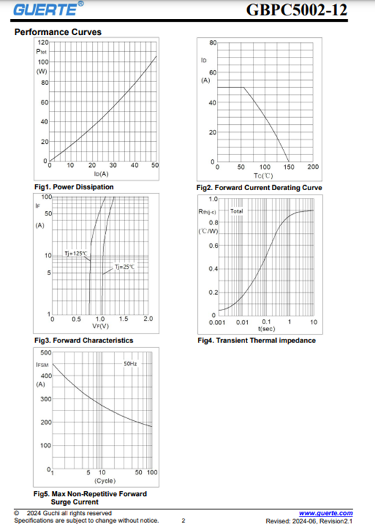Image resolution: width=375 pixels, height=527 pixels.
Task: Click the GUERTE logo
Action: coord(48,8)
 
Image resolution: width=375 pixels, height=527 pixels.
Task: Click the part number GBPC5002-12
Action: coord(296,10)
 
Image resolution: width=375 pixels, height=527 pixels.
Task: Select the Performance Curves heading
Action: coord(58,32)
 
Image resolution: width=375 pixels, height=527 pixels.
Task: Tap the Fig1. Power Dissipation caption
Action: coord(74,187)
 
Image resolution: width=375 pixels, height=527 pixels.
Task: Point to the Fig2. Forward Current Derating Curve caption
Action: coord(259,187)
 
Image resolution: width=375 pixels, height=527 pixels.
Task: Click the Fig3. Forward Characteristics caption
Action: coord(84,340)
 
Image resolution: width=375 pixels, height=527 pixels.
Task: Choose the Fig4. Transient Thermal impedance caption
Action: coord(256,340)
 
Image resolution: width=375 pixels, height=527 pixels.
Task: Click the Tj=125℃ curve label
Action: coord(76,253)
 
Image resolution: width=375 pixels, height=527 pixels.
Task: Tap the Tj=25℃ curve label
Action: coord(124,267)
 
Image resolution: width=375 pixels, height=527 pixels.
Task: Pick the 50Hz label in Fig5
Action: coord(130,363)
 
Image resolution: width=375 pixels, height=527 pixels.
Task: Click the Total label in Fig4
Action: coord(237,211)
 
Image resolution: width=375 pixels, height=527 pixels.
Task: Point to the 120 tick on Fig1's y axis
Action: coord(43,42)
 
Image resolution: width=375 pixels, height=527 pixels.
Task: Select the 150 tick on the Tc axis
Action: coord(289,167)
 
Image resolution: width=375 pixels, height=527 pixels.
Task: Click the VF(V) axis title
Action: coord(100,326)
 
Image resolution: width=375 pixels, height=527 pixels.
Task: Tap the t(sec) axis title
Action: coord(266,328)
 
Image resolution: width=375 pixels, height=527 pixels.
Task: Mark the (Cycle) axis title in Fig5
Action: coord(105,481)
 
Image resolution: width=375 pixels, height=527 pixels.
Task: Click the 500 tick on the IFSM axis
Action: coord(46,352)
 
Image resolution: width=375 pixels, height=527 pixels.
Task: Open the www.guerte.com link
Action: coord(326,513)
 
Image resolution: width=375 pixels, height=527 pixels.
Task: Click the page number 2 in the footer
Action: coord(183,521)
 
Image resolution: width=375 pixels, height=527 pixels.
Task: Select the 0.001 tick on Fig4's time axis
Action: coord(217,322)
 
